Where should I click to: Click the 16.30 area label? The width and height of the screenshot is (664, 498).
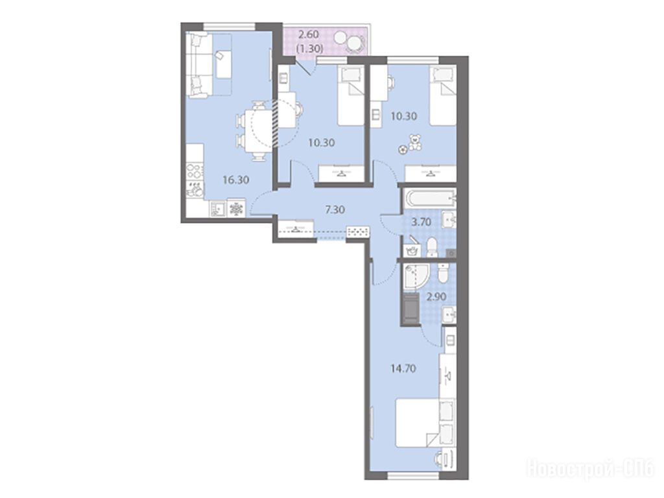(x=236, y=180)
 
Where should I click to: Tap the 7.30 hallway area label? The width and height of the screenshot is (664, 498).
(x=335, y=209)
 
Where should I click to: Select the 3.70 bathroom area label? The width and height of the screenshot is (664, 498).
(x=421, y=222)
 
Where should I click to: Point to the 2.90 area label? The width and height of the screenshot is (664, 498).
(x=436, y=296)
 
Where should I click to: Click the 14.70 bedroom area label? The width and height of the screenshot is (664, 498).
(x=403, y=368)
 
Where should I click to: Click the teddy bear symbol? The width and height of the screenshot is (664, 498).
(x=415, y=143)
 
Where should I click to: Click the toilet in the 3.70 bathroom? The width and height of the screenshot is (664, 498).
(x=433, y=248)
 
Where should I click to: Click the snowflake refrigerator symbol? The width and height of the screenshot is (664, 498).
(x=236, y=209)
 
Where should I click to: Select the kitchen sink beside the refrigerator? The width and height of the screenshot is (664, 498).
(x=218, y=208)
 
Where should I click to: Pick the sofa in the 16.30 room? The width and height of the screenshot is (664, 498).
(x=199, y=65)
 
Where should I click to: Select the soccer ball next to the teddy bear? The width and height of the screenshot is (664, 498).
(x=402, y=149)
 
